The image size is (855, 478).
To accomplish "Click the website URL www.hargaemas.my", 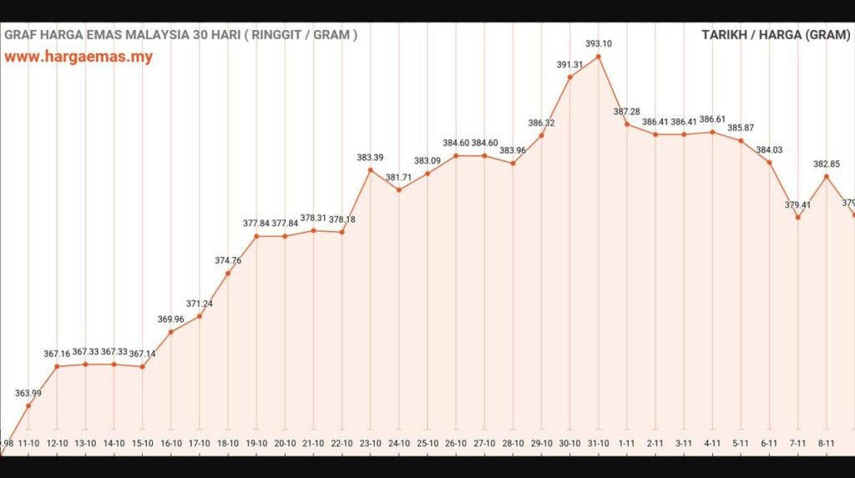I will [78, 58].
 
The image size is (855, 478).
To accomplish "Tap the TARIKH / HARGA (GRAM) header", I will [776, 35].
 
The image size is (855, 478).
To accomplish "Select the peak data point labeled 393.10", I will [599, 57].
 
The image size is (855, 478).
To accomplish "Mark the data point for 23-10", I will [371, 170].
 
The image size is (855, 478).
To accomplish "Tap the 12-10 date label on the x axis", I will [57, 443].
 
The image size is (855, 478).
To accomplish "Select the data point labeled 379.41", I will [798, 218].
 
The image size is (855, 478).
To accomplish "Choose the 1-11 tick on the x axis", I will [627, 443].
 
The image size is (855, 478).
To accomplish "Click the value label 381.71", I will [399, 178].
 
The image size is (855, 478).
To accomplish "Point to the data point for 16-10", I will [171, 332].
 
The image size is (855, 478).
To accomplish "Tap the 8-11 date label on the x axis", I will [827, 443].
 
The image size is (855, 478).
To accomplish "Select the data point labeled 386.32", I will [542, 135].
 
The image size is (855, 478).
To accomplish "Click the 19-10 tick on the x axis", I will [256, 443].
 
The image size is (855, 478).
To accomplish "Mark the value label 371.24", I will [200, 304].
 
